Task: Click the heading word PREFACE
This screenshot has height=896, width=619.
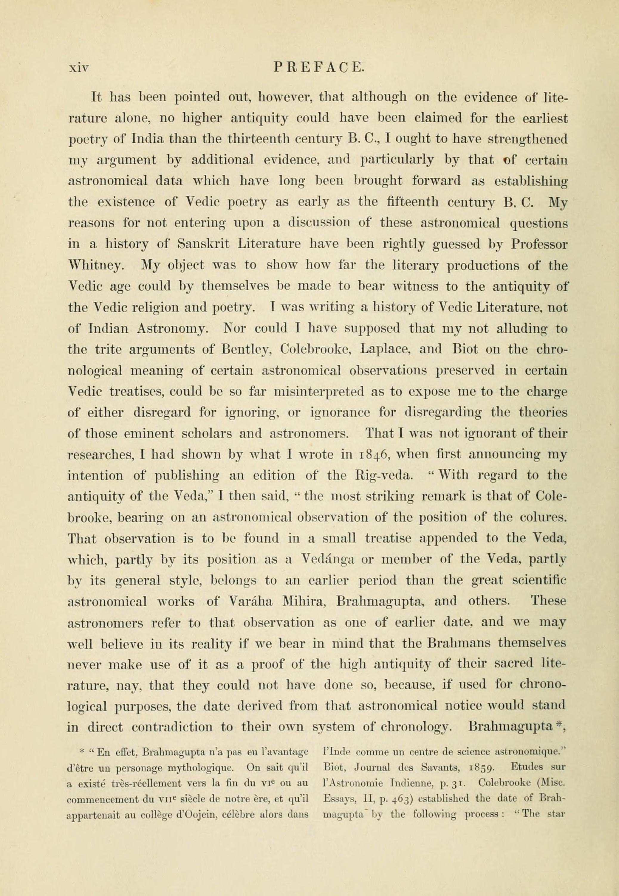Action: (x=319, y=68)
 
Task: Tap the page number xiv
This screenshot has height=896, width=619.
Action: (x=79, y=69)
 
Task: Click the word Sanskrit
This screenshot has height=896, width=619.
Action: (x=203, y=244)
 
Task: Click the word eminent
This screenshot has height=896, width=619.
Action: (x=148, y=433)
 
